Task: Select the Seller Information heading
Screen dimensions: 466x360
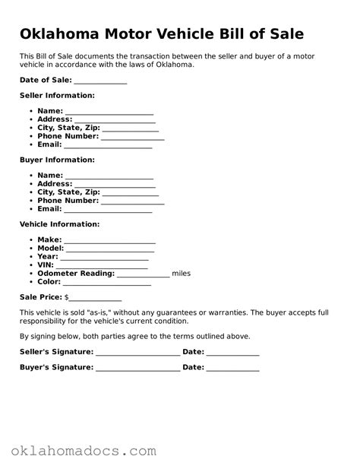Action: tap(57, 96)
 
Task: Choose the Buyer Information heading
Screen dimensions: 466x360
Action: tap(57, 160)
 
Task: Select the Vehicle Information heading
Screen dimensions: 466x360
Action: tap(59, 225)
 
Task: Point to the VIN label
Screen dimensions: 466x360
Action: tap(46, 265)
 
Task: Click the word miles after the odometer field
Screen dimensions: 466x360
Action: tap(182, 273)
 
